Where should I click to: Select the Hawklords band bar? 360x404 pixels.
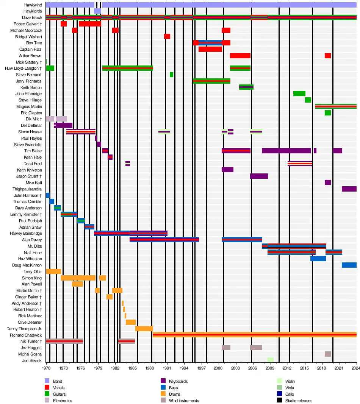97,11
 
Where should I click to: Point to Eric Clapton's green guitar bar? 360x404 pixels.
327,113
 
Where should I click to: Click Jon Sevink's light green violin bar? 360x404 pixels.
270,360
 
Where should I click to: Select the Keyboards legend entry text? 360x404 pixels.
178,381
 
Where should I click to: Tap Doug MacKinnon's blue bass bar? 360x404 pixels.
349,265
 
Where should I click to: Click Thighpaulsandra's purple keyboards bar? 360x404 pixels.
349,189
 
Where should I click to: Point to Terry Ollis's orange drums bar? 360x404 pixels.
53,271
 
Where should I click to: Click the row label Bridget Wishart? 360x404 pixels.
28,37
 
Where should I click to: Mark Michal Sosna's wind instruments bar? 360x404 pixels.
327,354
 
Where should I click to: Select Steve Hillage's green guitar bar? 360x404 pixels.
308,100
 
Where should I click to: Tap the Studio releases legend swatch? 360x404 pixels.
279,401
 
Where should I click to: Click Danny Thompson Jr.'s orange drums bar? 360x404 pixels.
144,329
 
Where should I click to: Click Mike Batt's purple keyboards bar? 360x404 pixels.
327,183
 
